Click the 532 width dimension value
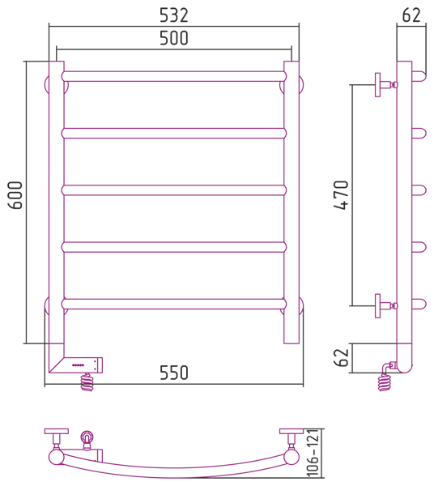pos(174,15)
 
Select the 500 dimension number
pos(174,38)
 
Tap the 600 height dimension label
pos(15,195)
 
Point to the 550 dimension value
pos(174,373)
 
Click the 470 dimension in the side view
pos(341,195)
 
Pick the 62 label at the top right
pos(411,15)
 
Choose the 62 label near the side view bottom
pos(342,358)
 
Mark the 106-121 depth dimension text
pos(313,453)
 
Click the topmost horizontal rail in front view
pos(174,77)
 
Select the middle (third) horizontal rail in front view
pos(174,190)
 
